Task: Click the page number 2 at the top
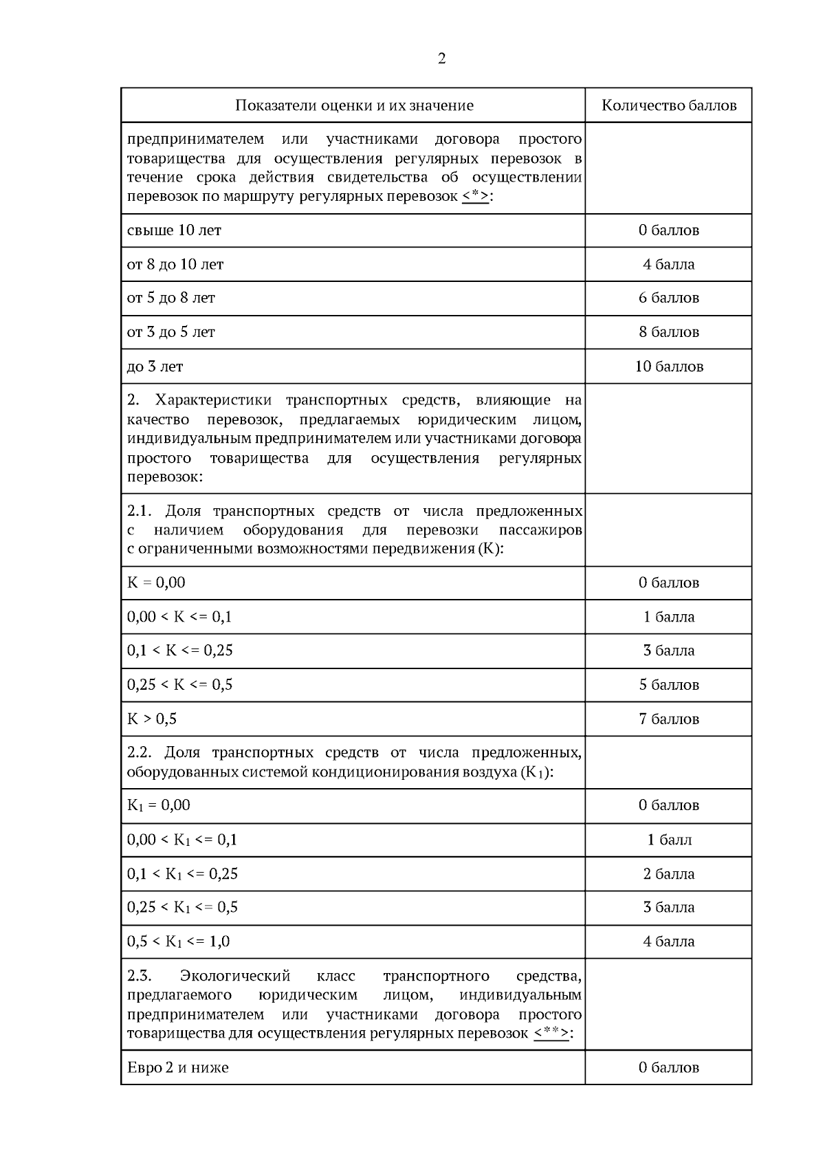441,58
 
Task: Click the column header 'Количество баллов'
669,105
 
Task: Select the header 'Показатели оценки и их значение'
354,105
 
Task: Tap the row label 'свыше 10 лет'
174,230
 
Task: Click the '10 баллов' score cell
669,367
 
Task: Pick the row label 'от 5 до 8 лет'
171,298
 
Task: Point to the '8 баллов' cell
669,332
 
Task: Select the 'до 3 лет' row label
155,367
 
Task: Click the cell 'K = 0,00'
156,582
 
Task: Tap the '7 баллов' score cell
669,719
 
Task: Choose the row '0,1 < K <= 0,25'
180,651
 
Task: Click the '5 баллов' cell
669,685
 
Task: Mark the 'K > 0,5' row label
152,719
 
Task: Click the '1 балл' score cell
669,840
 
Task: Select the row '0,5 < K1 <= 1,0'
179,941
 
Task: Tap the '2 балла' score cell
669,874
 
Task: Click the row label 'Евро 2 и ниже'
178,1068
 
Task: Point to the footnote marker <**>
551,1034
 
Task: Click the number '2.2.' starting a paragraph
141,752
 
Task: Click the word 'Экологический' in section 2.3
235,976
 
